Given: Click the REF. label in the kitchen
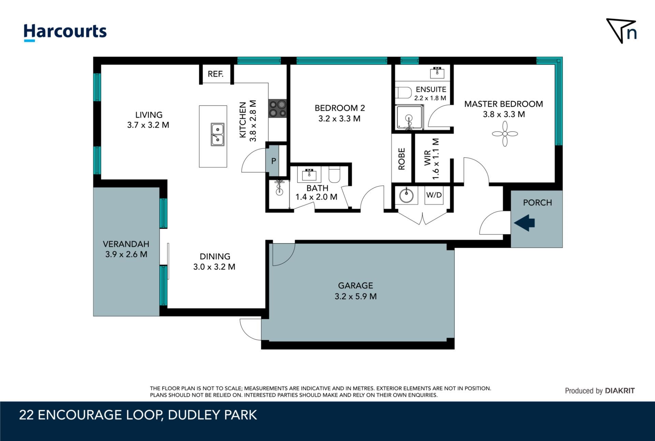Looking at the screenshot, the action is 216,74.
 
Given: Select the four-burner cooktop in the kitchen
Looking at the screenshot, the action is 277,108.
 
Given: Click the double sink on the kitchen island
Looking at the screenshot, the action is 217,135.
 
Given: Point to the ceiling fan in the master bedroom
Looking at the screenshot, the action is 505,134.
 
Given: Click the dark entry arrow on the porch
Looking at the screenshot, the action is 524,223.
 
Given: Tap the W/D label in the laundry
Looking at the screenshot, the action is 434,195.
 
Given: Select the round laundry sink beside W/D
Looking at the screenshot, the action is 406,196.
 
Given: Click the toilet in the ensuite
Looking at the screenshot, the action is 404,92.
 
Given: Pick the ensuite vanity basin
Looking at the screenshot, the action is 437,73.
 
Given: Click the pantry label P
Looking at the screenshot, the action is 274,161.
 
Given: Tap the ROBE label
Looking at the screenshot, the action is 402,159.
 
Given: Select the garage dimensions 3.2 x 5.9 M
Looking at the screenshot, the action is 355,296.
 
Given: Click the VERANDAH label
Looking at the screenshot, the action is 126,244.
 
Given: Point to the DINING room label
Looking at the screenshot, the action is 215,256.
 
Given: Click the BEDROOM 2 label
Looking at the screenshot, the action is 340,108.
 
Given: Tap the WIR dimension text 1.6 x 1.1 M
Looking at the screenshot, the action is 436,159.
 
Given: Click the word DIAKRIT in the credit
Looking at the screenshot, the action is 620,391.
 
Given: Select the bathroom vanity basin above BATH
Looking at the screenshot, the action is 309,175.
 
